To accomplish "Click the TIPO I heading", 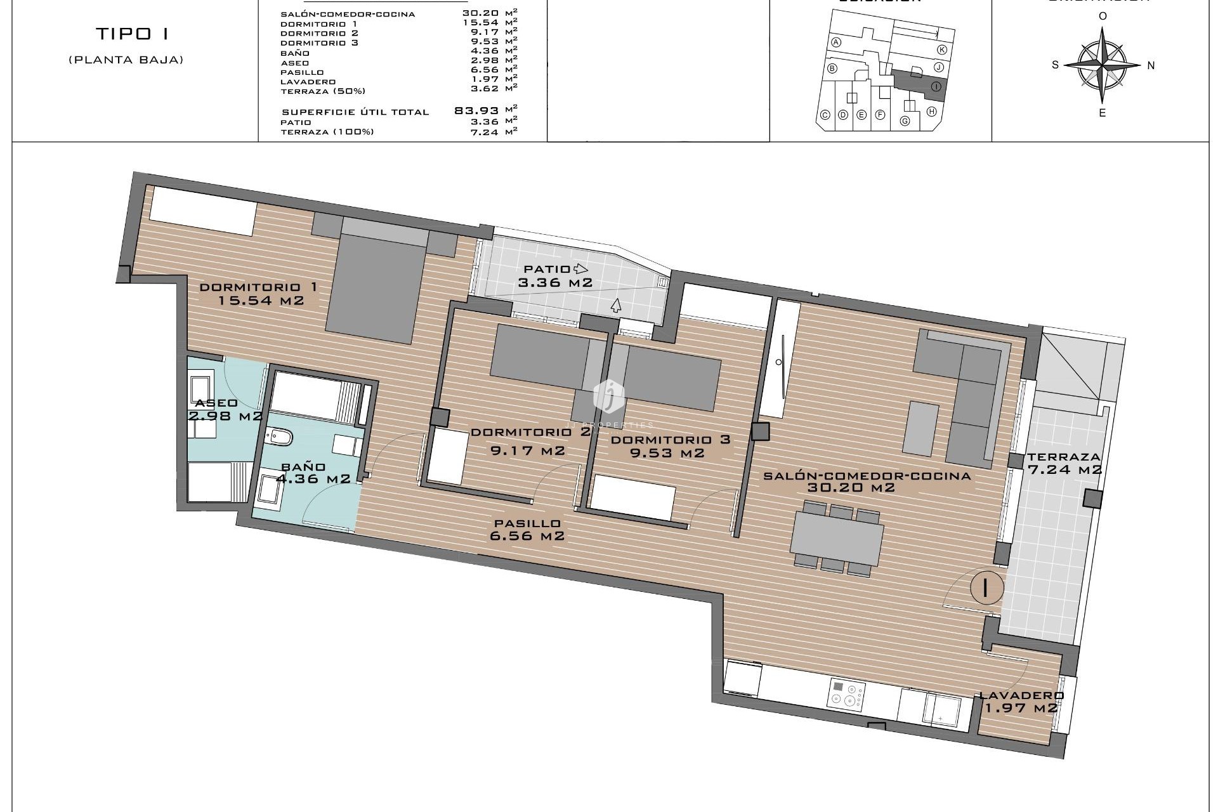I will pyautogui.click(x=133, y=34).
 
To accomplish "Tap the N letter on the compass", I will pyautogui.click(x=1151, y=65).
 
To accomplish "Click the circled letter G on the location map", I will pyautogui.click(x=905, y=121).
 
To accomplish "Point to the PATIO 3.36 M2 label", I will pyautogui.click(x=555, y=276).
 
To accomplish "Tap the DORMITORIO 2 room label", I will pyautogui.click(x=530, y=433).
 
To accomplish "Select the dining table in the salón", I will pyautogui.click(x=837, y=539).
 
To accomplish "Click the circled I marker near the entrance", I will pyautogui.click(x=986, y=588).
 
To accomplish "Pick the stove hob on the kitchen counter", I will pyautogui.click(x=846, y=694).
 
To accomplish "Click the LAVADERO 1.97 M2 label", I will pyautogui.click(x=1021, y=702).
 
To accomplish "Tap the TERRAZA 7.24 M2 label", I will pyautogui.click(x=1064, y=463).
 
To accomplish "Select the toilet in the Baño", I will pyautogui.click(x=280, y=437).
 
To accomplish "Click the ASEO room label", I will pyautogui.click(x=216, y=403).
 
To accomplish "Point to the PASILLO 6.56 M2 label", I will pyautogui.click(x=527, y=530).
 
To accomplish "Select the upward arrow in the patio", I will pyautogui.click(x=615, y=306).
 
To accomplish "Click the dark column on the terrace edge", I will pyautogui.click(x=1092, y=499).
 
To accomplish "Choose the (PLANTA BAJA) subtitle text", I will pyautogui.click(x=126, y=60).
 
